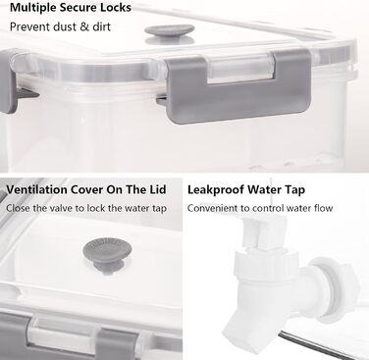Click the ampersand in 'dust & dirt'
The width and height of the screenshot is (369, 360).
click(x=84, y=26)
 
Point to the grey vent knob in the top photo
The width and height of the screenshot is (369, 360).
click(x=170, y=33)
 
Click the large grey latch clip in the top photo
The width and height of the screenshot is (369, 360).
click(x=238, y=86)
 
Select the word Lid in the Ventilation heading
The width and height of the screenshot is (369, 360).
click(x=158, y=189)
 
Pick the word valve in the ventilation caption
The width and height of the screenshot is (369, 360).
click(x=61, y=208)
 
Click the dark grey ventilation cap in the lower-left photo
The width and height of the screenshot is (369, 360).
click(x=107, y=254)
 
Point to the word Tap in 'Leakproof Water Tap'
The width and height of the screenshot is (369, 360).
click(x=294, y=190)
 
